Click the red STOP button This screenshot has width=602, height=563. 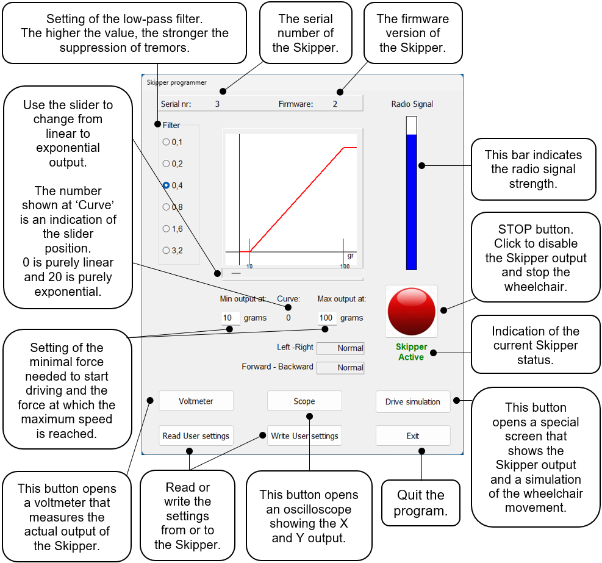(412, 310)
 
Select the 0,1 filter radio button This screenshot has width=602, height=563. (166, 142)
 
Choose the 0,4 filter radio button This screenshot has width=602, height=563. (166, 185)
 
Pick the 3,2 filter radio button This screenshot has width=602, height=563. (166, 250)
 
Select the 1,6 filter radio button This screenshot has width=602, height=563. (166, 229)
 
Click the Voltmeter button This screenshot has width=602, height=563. (196, 401)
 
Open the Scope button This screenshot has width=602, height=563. (304, 401)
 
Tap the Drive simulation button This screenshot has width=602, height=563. (412, 401)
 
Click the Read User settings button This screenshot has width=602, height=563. (196, 436)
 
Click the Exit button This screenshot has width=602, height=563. (412, 436)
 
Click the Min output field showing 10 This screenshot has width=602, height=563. (230, 318)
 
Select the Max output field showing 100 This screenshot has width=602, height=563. (326, 318)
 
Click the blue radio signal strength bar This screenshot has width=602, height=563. (412, 201)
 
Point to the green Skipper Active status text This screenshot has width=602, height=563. (412, 352)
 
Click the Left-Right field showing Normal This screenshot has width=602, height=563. (341, 348)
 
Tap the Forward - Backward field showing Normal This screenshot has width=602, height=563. (341, 368)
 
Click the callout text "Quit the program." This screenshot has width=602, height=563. (420, 503)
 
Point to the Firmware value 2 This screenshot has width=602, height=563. (335, 104)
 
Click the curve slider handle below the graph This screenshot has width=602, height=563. (236, 273)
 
